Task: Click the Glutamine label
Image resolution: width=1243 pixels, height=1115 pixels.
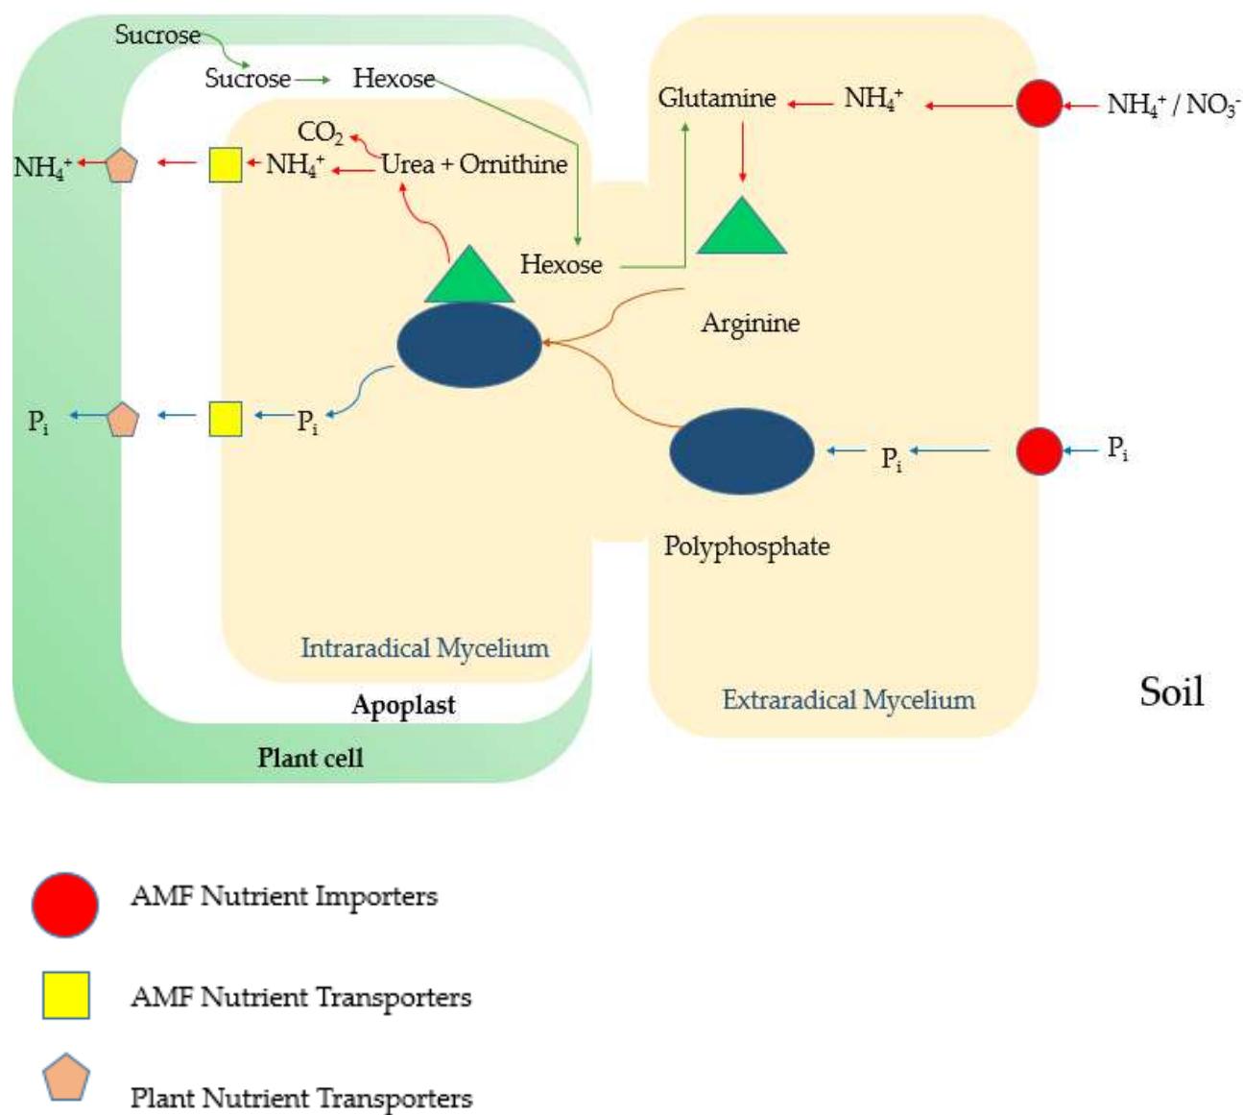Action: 717,98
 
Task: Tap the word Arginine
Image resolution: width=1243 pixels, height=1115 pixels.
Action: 750,323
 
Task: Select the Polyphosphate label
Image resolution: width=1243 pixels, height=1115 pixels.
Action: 747,546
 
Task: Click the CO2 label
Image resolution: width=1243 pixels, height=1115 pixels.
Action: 320,132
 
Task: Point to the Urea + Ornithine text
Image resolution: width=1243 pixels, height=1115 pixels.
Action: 474,164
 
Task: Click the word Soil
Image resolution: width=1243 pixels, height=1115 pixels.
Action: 1171,691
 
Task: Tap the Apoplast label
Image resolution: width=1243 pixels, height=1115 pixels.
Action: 403,705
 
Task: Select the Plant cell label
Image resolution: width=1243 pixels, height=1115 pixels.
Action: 310,758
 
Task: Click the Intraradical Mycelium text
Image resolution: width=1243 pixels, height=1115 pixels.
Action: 424,648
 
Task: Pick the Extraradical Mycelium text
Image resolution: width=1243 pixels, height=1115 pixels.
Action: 849,700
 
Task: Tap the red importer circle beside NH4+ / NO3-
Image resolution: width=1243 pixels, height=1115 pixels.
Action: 1039,104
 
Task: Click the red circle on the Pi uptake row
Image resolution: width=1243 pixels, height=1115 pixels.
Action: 1039,451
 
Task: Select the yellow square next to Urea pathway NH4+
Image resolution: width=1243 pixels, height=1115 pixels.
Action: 226,165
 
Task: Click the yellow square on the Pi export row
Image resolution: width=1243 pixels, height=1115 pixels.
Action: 226,419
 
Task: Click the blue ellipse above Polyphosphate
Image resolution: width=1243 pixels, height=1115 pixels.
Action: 741,451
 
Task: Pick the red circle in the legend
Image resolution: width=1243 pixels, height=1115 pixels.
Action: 65,905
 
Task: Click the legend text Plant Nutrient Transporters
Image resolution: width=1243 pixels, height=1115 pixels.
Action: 301,1098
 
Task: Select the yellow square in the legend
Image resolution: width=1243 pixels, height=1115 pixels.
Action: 66,995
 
